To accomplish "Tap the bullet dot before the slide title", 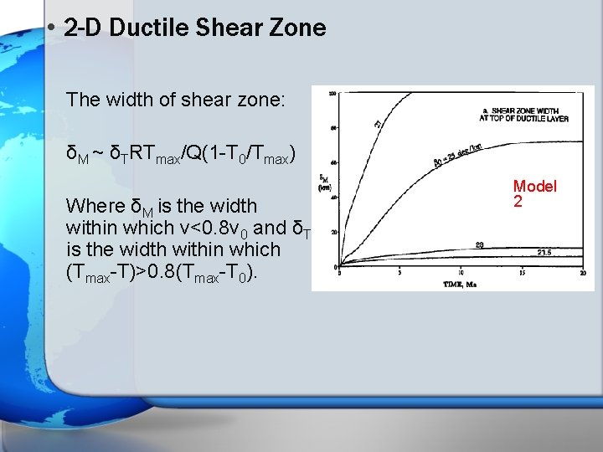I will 52,28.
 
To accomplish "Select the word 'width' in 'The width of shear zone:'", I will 122,100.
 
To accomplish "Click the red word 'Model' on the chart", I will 534,186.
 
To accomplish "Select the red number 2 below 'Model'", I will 518,202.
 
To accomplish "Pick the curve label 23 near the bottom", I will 479,244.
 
